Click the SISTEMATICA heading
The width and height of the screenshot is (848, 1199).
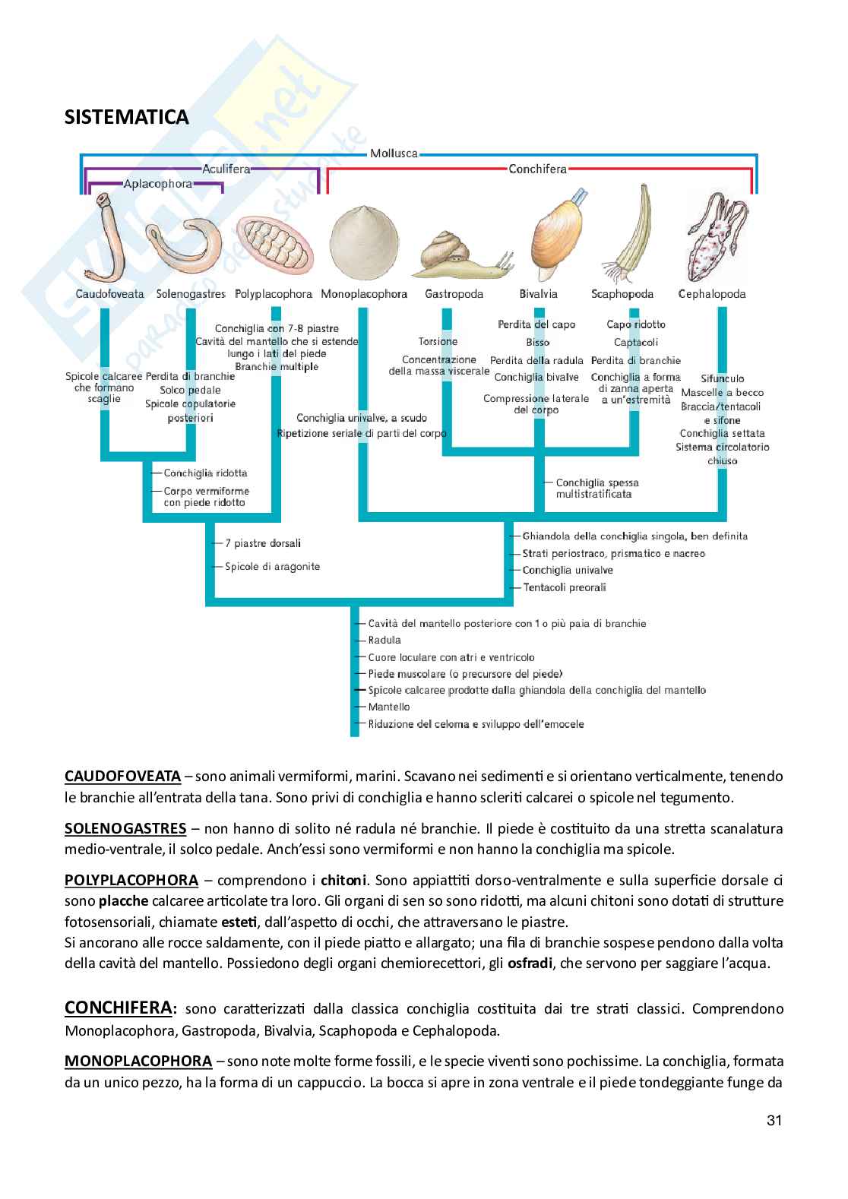[x=127, y=117]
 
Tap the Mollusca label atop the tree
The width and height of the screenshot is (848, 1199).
[x=394, y=153]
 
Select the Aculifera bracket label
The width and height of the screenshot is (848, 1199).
[x=226, y=169]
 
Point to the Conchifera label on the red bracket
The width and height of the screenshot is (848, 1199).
[x=537, y=169]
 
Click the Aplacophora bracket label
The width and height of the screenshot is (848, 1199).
[x=157, y=183]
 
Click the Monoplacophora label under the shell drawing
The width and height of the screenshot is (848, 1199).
[x=364, y=294]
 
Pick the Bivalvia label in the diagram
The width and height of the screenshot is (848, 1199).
[x=538, y=294]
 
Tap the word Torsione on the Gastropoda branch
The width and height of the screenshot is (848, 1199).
[x=438, y=341]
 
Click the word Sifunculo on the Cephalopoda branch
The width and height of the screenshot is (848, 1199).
[x=723, y=378]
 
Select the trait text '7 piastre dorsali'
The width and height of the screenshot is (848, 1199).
[x=263, y=543]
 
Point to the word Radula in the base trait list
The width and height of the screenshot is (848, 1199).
[x=384, y=640]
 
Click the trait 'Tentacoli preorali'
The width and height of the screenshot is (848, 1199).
[x=564, y=587]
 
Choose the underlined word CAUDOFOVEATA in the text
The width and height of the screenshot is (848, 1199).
[x=122, y=777]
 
